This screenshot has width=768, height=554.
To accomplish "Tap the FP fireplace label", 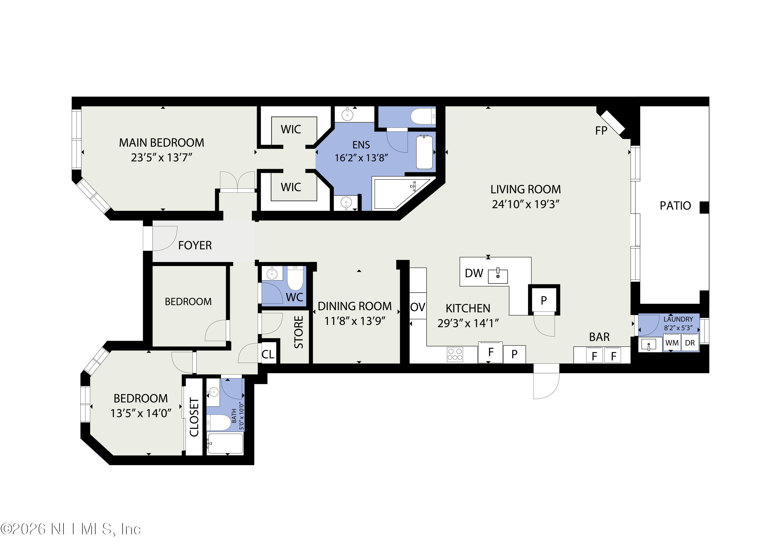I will pyautogui.click(x=601, y=130).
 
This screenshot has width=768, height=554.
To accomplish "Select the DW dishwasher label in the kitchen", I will pyautogui.click(x=474, y=273).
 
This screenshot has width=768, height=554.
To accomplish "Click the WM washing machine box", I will pyautogui.click(x=672, y=343).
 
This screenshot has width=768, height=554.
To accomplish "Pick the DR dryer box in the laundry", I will pyautogui.click(x=690, y=343).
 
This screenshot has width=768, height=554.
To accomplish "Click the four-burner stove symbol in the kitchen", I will pyautogui.click(x=455, y=354).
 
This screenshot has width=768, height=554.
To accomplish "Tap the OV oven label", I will pyautogui.click(x=418, y=307).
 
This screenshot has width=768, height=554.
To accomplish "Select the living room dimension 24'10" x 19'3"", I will pyautogui.click(x=525, y=204).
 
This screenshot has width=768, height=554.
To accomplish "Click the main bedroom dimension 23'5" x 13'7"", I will pyautogui.click(x=162, y=158).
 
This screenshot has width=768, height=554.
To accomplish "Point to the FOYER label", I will pyautogui.click(x=195, y=245).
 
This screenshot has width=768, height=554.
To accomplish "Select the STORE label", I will pyautogui.click(x=298, y=332).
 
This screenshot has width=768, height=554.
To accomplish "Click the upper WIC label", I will pyautogui.click(x=291, y=129).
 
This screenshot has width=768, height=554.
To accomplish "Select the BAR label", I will pyautogui.click(x=599, y=337).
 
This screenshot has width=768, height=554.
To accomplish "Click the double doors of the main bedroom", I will pyautogui.click(x=237, y=182).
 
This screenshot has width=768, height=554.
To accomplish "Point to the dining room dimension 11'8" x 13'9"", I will pyautogui.click(x=355, y=321).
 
